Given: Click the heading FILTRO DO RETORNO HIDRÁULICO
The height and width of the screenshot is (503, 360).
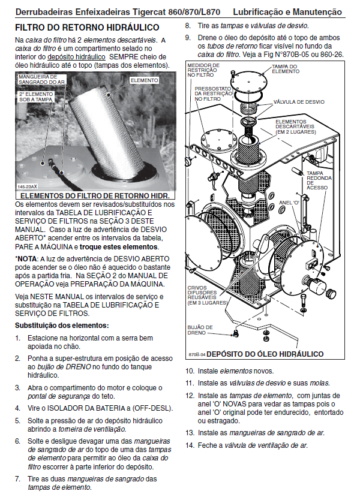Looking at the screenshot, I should (x=87, y=28).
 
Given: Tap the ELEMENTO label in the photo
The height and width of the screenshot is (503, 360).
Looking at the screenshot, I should (x=144, y=79).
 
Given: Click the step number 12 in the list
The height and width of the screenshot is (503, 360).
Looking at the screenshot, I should (x=189, y=396).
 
